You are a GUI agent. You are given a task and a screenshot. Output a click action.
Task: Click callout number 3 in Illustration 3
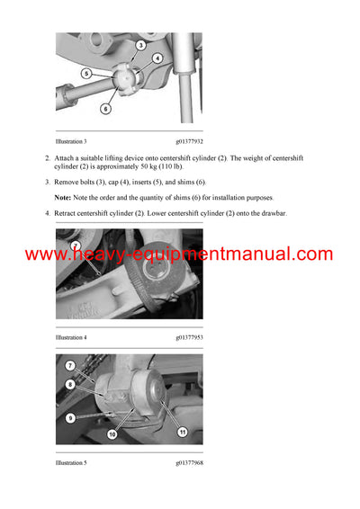[x=141, y=44]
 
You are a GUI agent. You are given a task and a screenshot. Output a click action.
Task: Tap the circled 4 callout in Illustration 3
[x=157, y=58]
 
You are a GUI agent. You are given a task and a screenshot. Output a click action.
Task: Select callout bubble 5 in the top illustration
[x=85, y=73]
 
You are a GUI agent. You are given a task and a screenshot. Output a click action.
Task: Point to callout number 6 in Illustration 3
[x=105, y=109]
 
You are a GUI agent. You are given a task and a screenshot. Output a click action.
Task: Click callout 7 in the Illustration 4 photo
[x=76, y=246]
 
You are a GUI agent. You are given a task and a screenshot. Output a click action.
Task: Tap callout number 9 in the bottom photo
[x=69, y=417]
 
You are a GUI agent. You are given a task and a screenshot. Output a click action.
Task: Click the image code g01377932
[x=190, y=141]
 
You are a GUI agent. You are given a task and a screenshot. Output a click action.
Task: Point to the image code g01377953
[x=190, y=337]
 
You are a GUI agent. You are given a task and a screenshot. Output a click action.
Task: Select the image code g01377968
[x=190, y=463]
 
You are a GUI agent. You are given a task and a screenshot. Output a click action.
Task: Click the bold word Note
[x=63, y=196]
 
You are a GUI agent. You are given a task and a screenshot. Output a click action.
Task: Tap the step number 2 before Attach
[x=47, y=158]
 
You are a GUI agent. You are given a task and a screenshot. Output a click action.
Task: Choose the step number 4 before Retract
[x=47, y=213]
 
